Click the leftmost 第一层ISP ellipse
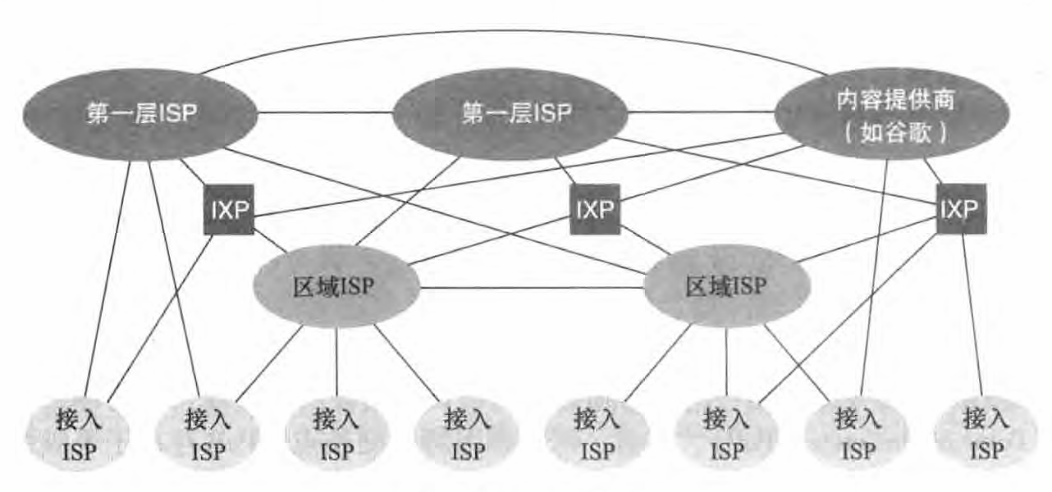[140, 113]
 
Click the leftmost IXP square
[228, 210]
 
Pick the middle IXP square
[594, 208]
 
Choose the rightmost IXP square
[960, 208]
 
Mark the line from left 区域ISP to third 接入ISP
[337, 361]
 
